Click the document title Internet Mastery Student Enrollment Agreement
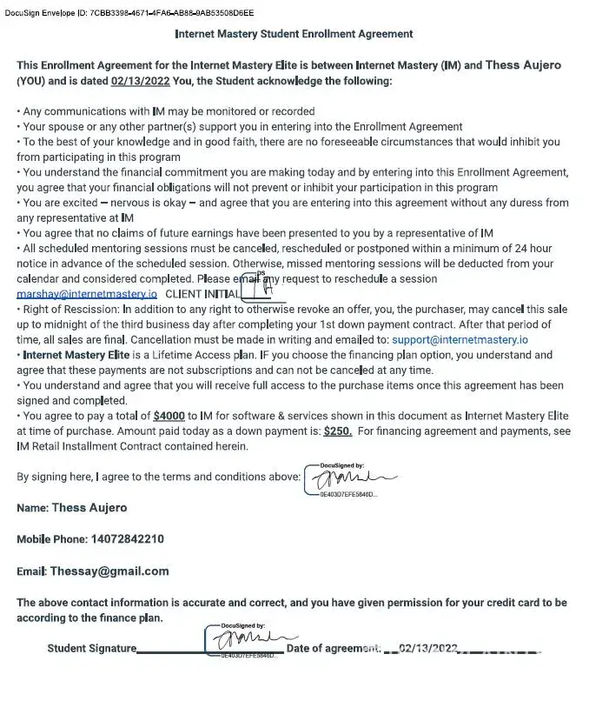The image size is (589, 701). point(294,35)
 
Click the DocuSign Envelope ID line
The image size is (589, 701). point(129,13)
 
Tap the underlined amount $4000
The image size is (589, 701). point(169,417)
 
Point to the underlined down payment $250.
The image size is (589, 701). point(337,431)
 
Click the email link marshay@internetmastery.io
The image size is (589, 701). point(87,294)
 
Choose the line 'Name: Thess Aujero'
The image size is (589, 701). point(71,508)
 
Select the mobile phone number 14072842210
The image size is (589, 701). point(127,539)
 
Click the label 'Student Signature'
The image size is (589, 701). point(91,649)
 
